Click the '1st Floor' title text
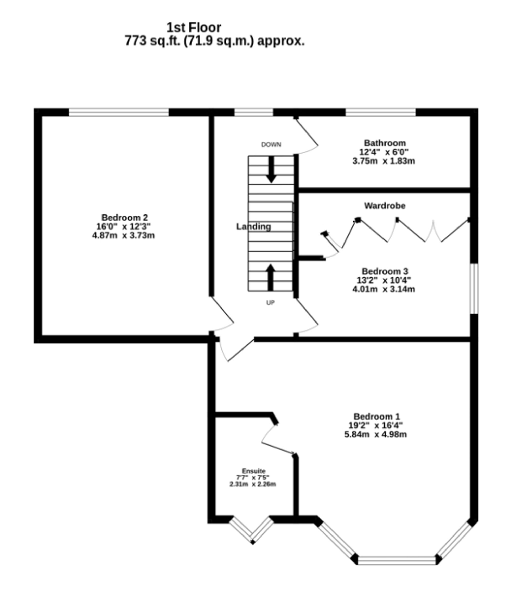pos(194,28)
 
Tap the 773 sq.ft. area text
pos(214,41)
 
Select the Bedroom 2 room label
pos(125,218)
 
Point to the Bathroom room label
pos(385,143)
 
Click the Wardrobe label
pos(385,206)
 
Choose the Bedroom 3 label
pos(385,271)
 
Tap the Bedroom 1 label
pos(377,417)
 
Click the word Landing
pos(253,227)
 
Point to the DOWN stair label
pos(271,145)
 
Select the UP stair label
pos(270,303)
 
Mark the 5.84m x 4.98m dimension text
pos(375,435)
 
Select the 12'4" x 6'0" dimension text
pos(384,152)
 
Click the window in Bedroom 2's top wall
pos(119,112)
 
